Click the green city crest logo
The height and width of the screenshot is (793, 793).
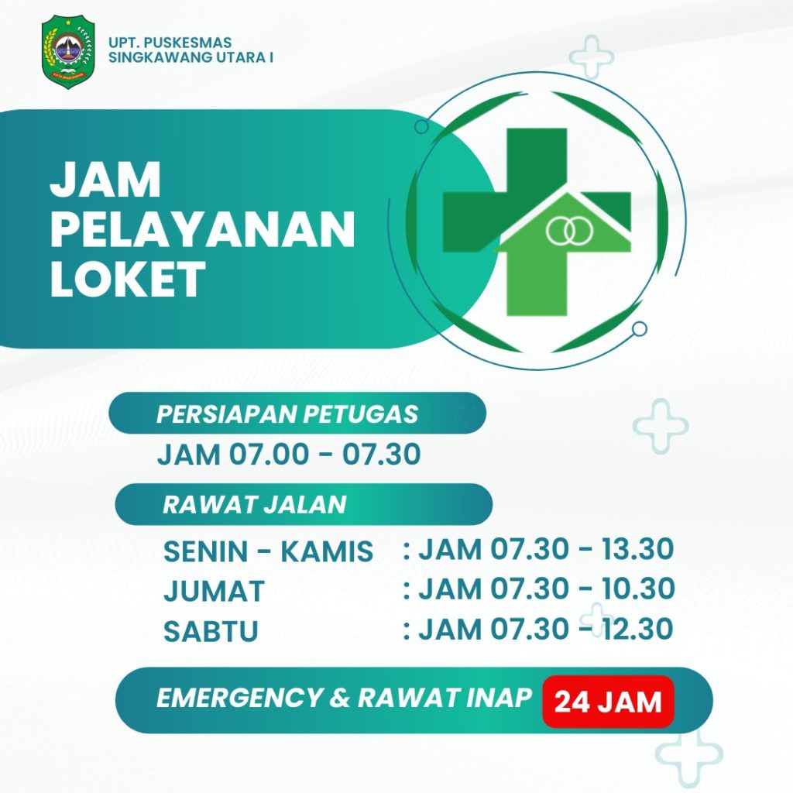(68, 52)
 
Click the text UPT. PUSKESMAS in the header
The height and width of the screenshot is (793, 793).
(170, 43)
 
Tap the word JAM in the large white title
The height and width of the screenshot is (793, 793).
(105, 180)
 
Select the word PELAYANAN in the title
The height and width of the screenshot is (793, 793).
(202, 229)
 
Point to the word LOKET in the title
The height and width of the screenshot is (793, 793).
(128, 279)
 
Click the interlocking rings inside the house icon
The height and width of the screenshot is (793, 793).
(569, 230)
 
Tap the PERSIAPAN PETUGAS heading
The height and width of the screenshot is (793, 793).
(287, 414)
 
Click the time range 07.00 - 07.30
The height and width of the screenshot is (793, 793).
(325, 454)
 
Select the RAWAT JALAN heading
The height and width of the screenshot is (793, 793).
(254, 504)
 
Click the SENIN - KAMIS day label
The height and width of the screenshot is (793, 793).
(268, 551)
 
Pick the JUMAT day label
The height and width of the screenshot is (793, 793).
(214, 591)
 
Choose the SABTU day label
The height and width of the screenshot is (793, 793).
(211, 630)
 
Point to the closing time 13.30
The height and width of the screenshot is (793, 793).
(638, 549)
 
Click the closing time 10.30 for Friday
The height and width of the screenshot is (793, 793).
(638, 589)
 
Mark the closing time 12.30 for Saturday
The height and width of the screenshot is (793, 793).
(637, 629)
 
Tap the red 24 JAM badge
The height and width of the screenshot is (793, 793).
(608, 702)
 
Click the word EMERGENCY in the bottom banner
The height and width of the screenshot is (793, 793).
(239, 698)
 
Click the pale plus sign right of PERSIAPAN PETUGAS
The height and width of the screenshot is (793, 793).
(661, 425)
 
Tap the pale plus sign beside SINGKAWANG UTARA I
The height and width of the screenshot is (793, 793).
(591, 57)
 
